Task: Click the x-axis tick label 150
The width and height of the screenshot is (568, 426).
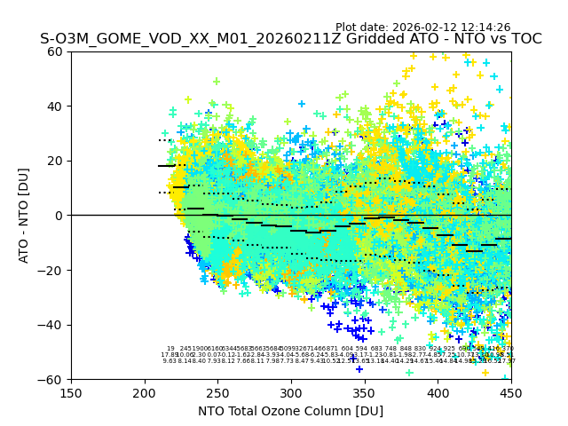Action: pos(71,392)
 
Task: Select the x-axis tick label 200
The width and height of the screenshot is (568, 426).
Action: pos(145,392)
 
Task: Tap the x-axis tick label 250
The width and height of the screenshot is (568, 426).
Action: pos(217,392)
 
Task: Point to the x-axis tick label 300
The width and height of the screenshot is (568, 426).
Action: pos(291,392)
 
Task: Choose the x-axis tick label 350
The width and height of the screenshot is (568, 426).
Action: pos(365,392)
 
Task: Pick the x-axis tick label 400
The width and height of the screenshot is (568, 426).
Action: pos(438,392)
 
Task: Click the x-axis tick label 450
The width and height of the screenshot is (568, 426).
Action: pos(511,392)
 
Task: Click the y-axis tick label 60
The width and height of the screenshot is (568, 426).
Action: pos(55,51)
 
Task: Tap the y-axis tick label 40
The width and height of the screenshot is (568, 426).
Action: pos(55,106)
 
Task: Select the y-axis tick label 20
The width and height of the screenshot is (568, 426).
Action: pos(55,161)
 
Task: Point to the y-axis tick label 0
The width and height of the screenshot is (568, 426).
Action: pos(59,216)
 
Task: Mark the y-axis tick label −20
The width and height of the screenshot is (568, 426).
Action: pos(51,270)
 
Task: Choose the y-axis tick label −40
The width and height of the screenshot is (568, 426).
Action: pos(51,325)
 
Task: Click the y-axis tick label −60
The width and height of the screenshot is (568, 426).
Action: pos(51,379)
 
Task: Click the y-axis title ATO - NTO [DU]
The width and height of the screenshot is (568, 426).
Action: pos(24,216)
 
